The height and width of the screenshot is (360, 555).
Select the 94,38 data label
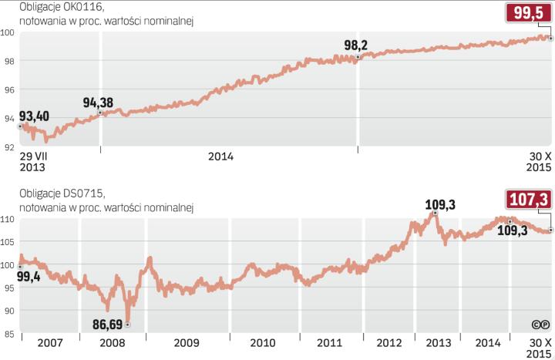click(97, 103)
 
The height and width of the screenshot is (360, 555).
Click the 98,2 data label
click(358, 45)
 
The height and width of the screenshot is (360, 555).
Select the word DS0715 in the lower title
click(80, 192)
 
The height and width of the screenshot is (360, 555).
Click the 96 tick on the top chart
click(8, 89)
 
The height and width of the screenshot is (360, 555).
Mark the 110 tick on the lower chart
click(8, 220)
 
